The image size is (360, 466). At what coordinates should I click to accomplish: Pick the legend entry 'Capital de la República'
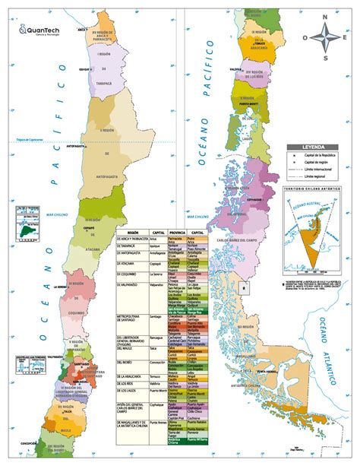[318, 155]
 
